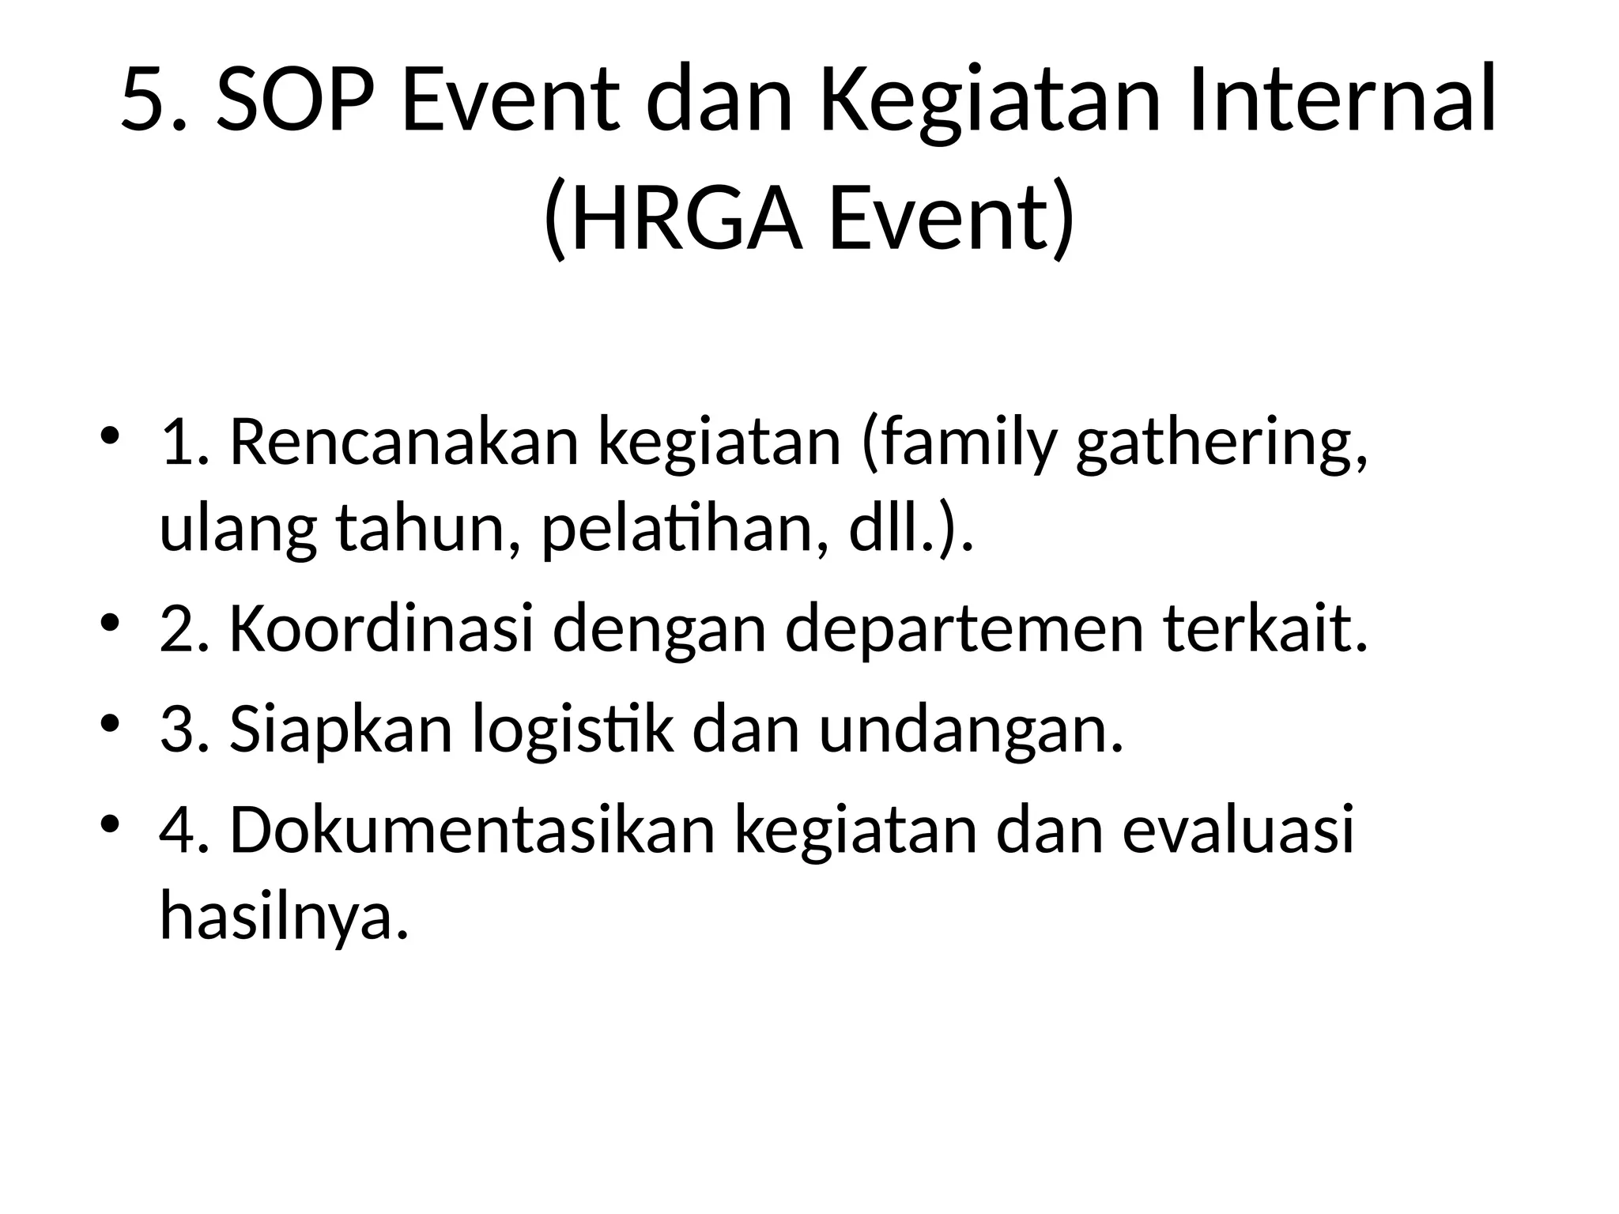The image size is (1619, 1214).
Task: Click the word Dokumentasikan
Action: click(x=472, y=831)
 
